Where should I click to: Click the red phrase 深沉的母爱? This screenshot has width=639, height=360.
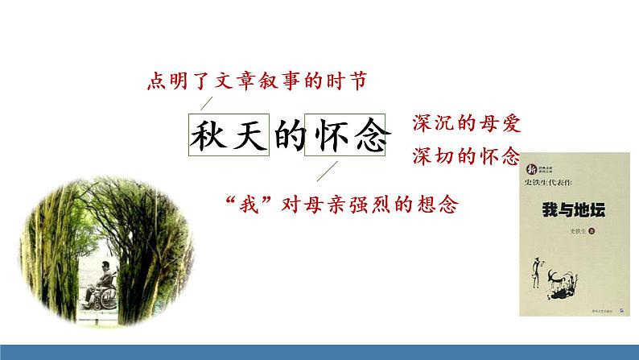467,124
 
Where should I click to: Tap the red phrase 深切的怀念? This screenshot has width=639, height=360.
467,156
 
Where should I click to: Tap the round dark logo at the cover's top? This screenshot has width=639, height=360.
531,169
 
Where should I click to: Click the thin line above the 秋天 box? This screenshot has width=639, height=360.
207,101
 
